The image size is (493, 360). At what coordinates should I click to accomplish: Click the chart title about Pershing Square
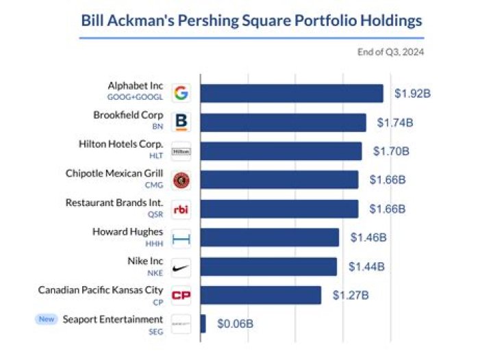click(x=251, y=21)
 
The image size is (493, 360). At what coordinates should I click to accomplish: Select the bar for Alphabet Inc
click(x=292, y=94)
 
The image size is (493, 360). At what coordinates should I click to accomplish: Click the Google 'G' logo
click(x=181, y=94)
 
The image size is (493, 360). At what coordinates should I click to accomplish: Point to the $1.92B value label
click(x=413, y=94)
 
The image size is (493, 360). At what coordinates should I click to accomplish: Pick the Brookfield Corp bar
click(x=283, y=123)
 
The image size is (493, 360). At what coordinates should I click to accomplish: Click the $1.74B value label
click(x=396, y=123)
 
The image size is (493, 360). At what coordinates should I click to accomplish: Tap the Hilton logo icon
click(x=181, y=151)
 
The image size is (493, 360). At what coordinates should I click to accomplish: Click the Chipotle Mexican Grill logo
click(x=181, y=180)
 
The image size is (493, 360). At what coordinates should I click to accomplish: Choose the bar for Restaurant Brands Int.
click(x=279, y=209)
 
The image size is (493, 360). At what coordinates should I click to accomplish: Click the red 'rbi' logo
click(x=181, y=209)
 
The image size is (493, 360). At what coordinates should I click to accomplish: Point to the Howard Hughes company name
click(x=128, y=232)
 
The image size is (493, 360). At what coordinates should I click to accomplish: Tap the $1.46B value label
click(x=368, y=237)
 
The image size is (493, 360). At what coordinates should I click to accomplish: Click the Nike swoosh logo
click(x=181, y=266)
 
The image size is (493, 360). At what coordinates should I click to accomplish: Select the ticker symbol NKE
click(x=155, y=272)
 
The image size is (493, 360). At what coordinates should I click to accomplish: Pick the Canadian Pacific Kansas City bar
click(x=261, y=295)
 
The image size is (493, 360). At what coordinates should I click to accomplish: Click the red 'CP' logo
click(x=181, y=295)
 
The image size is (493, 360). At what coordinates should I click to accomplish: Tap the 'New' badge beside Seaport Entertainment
click(x=47, y=319)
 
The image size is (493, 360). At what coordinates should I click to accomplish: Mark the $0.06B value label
click(x=235, y=324)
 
